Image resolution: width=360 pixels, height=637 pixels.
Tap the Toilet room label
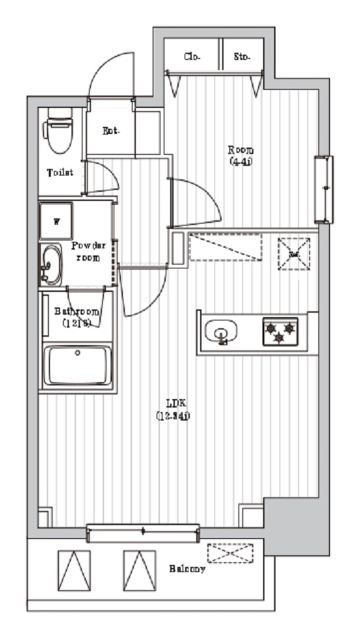(x=60, y=173)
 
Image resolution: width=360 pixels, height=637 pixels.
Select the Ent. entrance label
(x=111, y=131)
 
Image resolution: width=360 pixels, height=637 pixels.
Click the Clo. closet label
(x=192, y=57)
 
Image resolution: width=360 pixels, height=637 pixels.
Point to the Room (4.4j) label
(x=240, y=154)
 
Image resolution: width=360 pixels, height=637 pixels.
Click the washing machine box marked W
(x=57, y=221)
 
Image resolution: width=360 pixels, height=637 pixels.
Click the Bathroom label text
(x=77, y=317)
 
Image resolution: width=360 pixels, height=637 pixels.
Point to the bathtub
(x=77, y=367)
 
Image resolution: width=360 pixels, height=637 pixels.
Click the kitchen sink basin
(x=221, y=332)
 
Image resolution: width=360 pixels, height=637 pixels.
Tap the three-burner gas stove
(x=279, y=331)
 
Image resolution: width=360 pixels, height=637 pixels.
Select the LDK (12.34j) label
(x=172, y=409)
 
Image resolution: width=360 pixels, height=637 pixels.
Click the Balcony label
(x=188, y=569)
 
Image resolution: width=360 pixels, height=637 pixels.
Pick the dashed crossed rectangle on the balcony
(x=229, y=553)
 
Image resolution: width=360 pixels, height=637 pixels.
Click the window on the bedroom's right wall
(x=323, y=188)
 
